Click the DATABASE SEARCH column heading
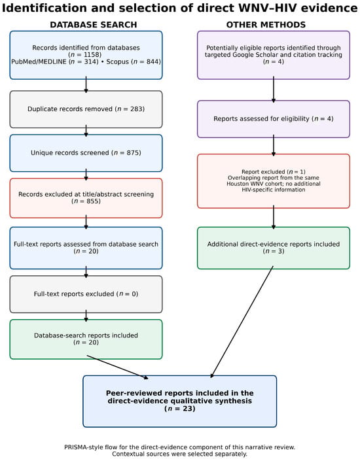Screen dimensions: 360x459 coord(93,25)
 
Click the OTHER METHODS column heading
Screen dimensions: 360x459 coord(266,25)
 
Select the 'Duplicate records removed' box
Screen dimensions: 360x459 coord(86,109)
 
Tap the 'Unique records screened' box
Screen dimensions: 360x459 coord(86,153)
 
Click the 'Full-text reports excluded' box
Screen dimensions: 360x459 coord(86,294)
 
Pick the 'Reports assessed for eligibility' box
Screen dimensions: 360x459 coord(274,119)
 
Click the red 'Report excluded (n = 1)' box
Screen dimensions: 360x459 coord(274,181)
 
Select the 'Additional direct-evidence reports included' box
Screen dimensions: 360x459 coord(274,248)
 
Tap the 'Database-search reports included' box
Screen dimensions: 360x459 coord(86,339)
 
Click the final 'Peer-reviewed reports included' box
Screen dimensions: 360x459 coord(180,401)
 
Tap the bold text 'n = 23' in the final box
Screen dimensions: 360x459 coord(180,409)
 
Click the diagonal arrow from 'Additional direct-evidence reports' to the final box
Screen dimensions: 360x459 coord(242,322)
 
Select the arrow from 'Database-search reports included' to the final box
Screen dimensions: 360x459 coord(117,367)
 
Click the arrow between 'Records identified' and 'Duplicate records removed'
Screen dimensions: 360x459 coord(86,84)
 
